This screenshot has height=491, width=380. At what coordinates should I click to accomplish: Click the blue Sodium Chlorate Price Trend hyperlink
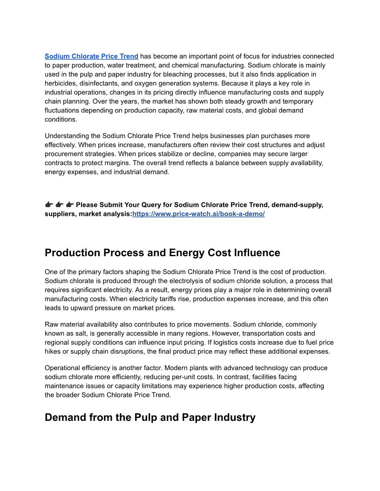click(91, 56)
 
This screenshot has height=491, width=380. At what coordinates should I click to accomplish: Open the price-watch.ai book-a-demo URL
click(198, 214)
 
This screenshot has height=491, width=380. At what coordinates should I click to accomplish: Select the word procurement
click(65, 154)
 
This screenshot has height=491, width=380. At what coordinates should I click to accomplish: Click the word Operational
click(63, 368)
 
